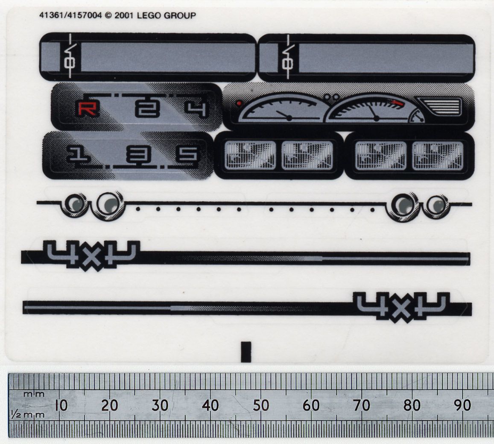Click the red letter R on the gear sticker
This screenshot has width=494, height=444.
(x=87, y=109)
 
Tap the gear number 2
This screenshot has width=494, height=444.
(x=147, y=109)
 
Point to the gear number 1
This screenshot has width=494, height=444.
(x=78, y=154)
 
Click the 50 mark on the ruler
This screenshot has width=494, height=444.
(x=261, y=406)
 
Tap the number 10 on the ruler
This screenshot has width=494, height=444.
(x=61, y=406)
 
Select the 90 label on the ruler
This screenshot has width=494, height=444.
(x=462, y=406)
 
